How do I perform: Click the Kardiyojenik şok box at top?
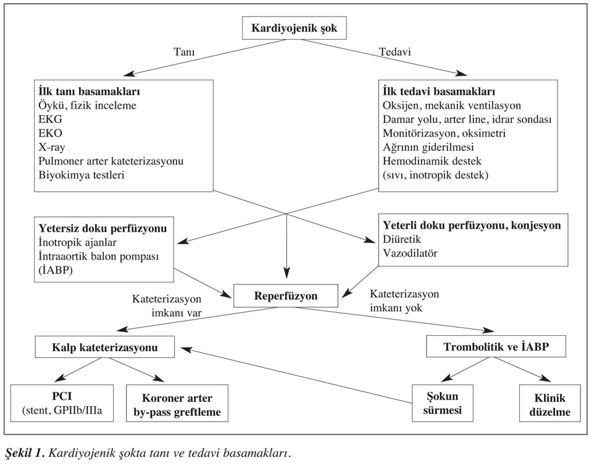[294, 28]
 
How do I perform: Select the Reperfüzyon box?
[286, 296]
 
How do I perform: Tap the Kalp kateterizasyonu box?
[105, 347]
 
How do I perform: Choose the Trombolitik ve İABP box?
[496, 346]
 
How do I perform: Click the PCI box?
[62, 403]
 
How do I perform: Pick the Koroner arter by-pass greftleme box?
[177, 403]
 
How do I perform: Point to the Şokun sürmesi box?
[443, 403]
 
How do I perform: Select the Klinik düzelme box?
[550, 403]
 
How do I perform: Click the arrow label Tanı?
[184, 51]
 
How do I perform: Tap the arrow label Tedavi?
[395, 51]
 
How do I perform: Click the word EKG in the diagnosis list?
[51, 119]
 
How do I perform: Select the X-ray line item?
[52, 147]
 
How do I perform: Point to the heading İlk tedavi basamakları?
[439, 91]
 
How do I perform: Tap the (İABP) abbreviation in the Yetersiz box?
[55, 270]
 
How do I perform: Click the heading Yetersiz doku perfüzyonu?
[102, 228]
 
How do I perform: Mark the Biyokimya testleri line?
[81, 175]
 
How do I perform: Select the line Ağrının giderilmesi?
[428, 147]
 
